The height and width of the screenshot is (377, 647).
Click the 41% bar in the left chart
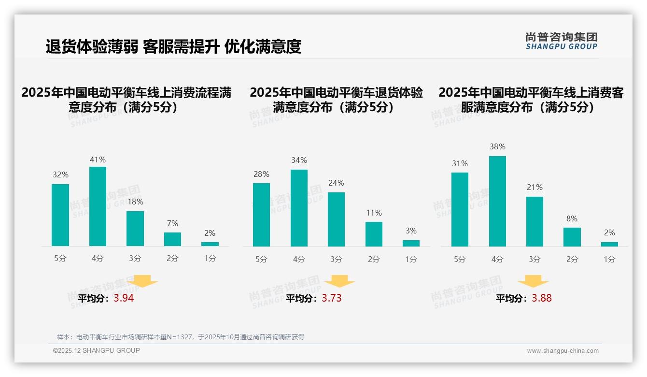[98, 206]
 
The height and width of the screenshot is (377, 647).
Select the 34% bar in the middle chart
[299, 208]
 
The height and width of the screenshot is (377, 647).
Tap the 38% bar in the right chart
[497, 201]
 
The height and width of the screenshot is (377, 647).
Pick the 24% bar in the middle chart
[336, 219]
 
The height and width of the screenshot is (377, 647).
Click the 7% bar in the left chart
[172, 239]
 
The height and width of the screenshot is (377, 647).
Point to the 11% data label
[374, 213]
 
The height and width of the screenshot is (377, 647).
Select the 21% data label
[534, 187]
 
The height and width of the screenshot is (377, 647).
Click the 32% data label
[60, 174]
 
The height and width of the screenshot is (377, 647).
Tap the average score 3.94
[124, 298]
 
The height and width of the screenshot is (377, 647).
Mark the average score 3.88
[542, 298]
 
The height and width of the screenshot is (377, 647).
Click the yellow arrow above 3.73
[339, 281]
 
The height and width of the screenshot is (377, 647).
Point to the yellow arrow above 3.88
[533, 281]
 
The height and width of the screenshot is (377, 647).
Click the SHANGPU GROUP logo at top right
[561, 41]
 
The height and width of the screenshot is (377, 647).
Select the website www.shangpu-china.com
[563, 351]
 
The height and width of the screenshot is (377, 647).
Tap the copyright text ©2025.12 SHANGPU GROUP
[97, 350]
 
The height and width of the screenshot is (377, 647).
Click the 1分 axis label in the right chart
[609, 260]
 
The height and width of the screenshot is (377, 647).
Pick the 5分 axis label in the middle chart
[261, 260]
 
